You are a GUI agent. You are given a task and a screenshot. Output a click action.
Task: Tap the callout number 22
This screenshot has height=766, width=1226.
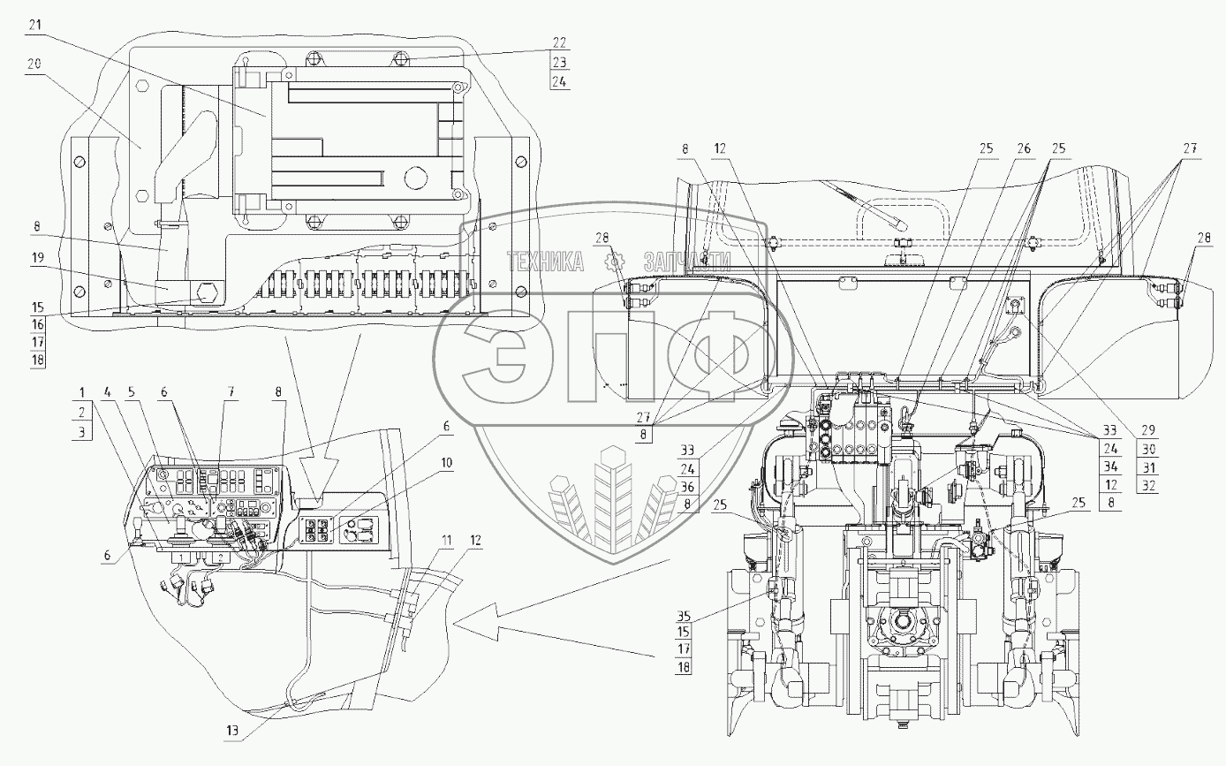[560, 42]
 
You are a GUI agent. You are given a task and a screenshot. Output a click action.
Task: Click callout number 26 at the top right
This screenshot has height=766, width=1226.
[1024, 148]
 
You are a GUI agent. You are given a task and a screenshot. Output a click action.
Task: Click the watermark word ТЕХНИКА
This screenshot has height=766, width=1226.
[545, 260]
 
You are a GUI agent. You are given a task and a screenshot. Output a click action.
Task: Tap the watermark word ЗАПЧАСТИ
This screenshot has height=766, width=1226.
[688, 260]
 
